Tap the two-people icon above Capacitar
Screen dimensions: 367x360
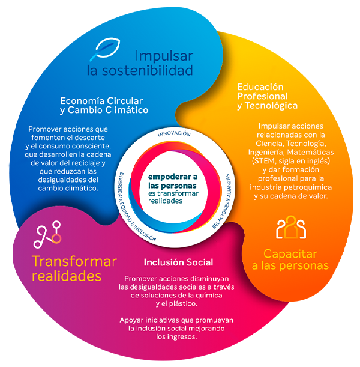tap(291, 227)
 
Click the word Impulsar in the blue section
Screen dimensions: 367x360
tap(164, 56)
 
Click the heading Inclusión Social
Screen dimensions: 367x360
tap(178, 263)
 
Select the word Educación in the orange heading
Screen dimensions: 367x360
tap(260, 86)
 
